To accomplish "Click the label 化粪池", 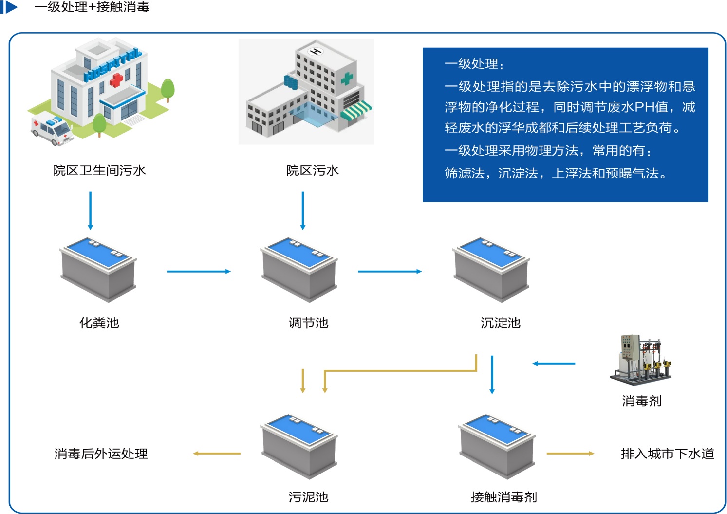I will [x=99, y=323].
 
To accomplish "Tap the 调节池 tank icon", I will [x=299, y=269].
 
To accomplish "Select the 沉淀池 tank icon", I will [x=491, y=269].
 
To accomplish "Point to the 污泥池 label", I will [x=308, y=497].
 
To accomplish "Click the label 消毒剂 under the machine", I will [x=641, y=401].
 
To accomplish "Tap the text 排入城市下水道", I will [x=667, y=454].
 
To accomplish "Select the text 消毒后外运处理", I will [x=101, y=454].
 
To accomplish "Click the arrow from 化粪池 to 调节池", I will [x=198, y=271].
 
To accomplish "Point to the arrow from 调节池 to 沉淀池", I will [x=390, y=271].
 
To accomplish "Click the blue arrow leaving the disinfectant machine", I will [x=554, y=363].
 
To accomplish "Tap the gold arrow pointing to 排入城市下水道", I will [x=570, y=454].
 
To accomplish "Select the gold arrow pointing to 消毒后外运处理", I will [x=217, y=454].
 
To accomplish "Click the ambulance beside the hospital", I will [x=52, y=129].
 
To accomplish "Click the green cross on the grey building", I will [x=346, y=78].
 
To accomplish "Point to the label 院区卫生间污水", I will [x=99, y=170].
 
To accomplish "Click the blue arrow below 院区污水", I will [x=303, y=210].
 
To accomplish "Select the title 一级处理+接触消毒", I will [x=92, y=7].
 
